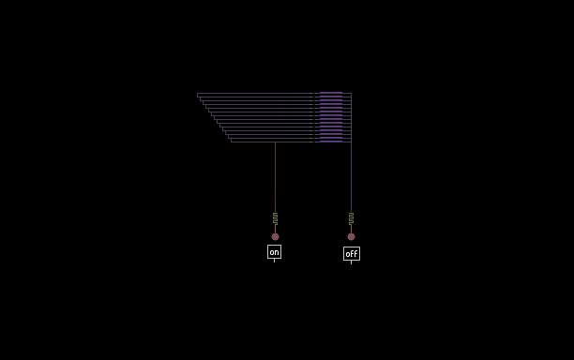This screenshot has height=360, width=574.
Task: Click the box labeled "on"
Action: tap(274, 251)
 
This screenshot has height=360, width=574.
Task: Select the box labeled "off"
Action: tap(352, 253)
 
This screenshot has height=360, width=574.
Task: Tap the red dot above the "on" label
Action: tap(276, 236)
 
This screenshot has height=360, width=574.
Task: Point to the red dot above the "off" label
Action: tap(351, 236)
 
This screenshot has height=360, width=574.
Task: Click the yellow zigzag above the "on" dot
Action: tap(276, 218)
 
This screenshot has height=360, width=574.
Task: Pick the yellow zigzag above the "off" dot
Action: tap(351, 218)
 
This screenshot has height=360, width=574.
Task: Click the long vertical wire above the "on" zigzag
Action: tap(276, 177)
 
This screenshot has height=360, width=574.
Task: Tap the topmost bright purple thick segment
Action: tap(331, 93)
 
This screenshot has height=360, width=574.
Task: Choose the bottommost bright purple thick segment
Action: tap(331, 142)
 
